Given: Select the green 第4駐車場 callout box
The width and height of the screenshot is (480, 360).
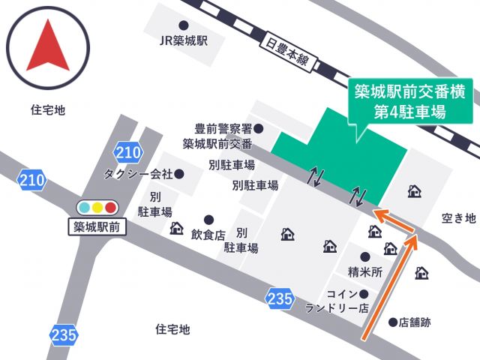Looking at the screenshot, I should click(409, 103).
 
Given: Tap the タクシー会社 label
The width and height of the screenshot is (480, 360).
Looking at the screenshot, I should click(139, 174).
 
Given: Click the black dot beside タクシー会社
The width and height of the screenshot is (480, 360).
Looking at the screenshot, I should click(179, 173).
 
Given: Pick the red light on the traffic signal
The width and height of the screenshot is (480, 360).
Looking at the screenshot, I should click(111, 207).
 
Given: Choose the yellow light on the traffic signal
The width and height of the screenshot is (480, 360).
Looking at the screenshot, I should click(97, 207).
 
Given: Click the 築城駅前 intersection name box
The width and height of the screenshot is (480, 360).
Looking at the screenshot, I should click(97, 225).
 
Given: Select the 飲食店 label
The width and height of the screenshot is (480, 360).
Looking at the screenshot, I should click(208, 235).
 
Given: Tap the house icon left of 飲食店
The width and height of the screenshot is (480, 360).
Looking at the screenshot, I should click(177, 227).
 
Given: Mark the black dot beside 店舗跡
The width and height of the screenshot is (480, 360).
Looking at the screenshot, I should click(392, 323).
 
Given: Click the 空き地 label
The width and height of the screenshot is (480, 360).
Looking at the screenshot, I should click(459, 218).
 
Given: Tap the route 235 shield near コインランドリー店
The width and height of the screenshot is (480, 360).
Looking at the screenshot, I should click(279, 299).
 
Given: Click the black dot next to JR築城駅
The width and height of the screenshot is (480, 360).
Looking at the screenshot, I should click(184, 25).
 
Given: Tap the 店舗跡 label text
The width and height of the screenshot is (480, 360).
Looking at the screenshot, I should click(415, 323).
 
